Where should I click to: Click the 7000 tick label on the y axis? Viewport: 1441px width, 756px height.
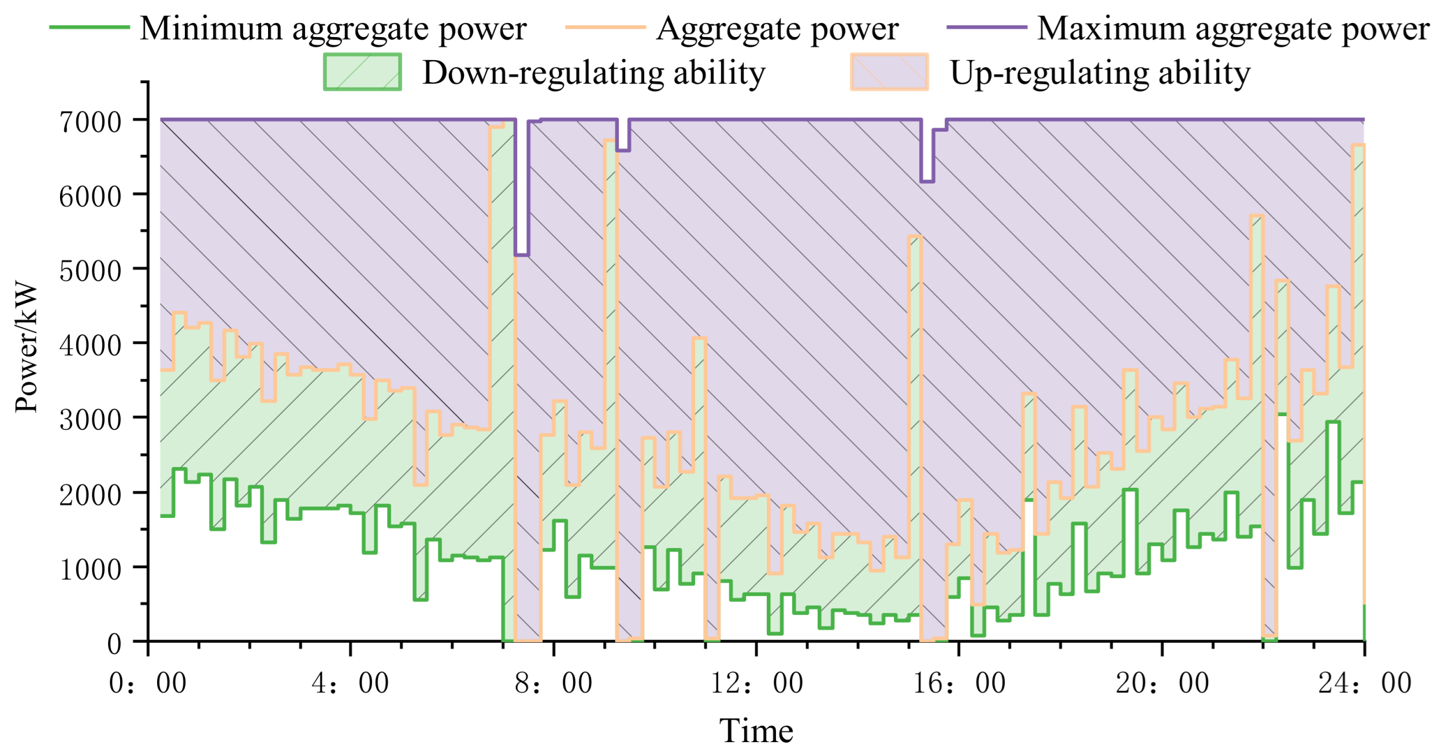[90, 122]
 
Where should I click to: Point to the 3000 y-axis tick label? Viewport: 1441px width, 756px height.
[90, 420]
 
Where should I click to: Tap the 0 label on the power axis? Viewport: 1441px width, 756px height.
[114, 643]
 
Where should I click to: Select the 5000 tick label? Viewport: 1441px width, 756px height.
[90, 271]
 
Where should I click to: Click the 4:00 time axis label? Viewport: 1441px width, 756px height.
[350, 684]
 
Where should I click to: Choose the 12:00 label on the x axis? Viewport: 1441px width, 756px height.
[756, 684]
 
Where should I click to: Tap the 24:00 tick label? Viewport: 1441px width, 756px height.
[1365, 684]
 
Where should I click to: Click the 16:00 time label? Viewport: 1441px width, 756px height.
[959, 684]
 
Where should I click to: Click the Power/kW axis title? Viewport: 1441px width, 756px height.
[27, 347]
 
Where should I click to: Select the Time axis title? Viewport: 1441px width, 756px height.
[756, 731]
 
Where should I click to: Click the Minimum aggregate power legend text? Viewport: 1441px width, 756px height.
[333, 28]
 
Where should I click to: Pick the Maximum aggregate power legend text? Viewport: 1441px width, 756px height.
[1233, 28]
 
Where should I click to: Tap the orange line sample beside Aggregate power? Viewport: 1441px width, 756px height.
[605, 27]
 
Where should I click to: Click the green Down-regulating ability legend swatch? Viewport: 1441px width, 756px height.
[362, 72]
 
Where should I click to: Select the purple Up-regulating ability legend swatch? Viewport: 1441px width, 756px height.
[889, 72]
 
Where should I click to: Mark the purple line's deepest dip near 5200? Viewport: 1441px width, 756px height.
[522, 255]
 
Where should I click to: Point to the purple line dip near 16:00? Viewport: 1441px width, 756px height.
[927, 181]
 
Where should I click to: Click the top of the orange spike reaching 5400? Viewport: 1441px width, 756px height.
[915, 236]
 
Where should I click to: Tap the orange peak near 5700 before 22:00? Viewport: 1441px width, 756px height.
[1257, 216]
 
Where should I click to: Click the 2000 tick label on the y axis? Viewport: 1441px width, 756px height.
[90, 495]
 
